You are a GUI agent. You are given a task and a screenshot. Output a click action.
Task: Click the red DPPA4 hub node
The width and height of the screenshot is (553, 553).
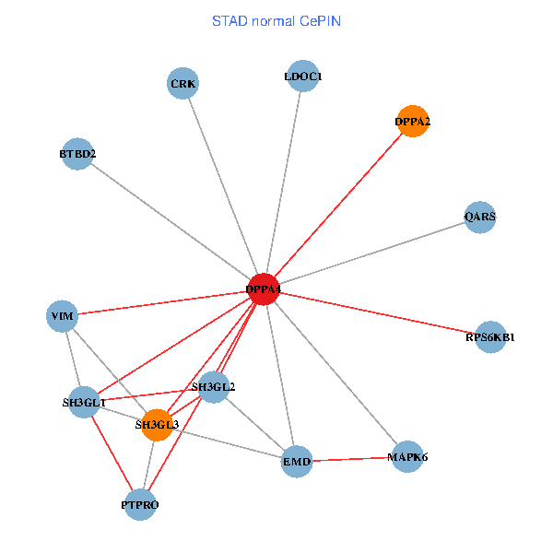[x=265, y=289]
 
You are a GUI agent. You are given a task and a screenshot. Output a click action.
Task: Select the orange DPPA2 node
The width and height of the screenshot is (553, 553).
[x=413, y=122]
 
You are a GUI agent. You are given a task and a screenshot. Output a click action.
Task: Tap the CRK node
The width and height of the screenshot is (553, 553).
[x=183, y=84]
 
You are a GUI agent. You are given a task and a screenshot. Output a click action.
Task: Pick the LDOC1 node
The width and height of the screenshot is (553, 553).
[x=302, y=77]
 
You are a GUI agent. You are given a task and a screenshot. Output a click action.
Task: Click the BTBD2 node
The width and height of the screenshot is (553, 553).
[x=77, y=154]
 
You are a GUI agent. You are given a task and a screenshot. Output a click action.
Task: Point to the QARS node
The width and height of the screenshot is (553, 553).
[x=480, y=218]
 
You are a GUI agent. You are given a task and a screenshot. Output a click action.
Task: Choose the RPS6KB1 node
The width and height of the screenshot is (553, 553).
[x=490, y=336]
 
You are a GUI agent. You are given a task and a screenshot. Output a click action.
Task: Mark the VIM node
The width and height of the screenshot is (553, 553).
[x=62, y=316]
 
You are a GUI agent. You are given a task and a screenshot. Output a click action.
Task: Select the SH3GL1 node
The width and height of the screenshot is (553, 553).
[x=84, y=402]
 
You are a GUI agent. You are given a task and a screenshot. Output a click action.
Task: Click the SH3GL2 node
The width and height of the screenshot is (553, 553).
[x=213, y=387]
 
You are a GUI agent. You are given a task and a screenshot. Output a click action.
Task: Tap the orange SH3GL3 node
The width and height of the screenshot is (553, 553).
[x=158, y=425]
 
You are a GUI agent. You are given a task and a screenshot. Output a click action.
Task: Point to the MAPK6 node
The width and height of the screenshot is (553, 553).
[x=407, y=456]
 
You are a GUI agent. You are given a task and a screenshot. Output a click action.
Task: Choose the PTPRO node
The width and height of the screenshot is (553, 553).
[x=140, y=505]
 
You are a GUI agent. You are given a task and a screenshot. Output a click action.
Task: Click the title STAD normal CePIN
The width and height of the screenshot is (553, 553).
[x=276, y=20]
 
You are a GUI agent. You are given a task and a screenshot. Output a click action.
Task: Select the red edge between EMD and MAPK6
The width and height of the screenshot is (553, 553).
[x=352, y=458]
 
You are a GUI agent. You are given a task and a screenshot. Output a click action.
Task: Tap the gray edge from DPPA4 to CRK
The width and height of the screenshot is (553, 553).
[x=224, y=186]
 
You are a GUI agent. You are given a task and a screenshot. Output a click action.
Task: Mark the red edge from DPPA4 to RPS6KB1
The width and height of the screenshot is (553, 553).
[x=378, y=313]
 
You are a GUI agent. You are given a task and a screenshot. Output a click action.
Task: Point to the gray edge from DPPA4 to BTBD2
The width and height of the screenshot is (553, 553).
[x=171, y=221]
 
